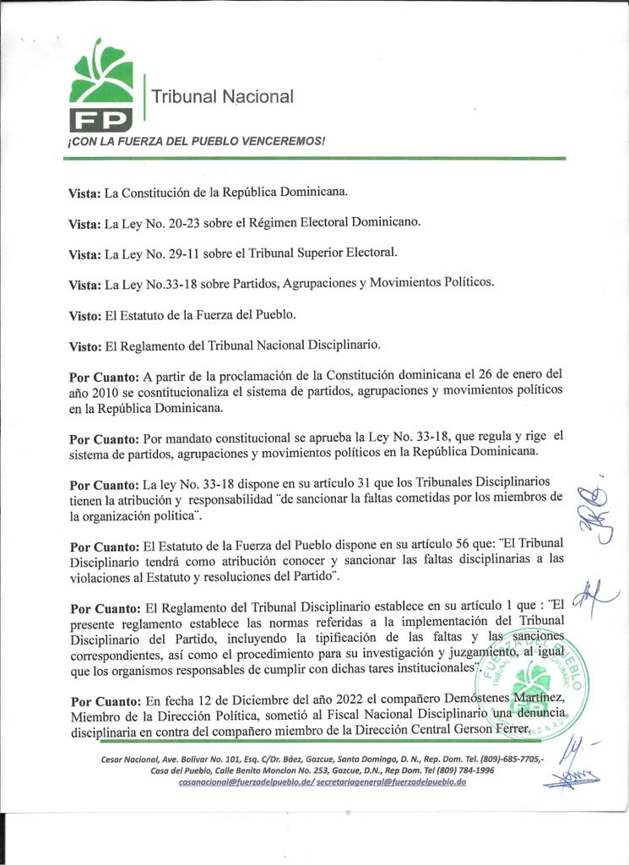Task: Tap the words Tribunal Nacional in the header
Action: point(222,97)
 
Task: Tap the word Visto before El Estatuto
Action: point(84,315)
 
